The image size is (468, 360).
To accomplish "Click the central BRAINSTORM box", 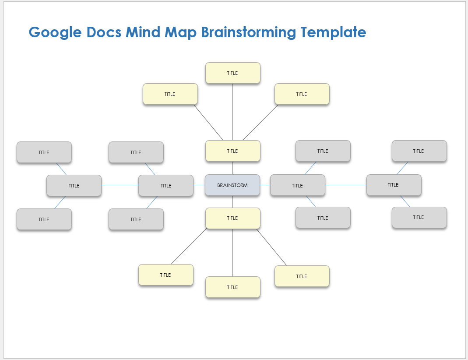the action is [232, 185].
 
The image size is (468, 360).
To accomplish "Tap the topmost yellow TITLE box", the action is [232, 73].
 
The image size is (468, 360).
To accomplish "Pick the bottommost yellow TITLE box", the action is [232, 287].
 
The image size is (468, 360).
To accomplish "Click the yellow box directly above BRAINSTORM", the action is [232, 151].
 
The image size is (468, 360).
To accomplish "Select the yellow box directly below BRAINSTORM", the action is [232, 218].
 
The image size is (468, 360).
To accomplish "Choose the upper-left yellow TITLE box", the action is [170, 94].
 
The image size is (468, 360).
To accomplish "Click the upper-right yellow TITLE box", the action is [302, 94].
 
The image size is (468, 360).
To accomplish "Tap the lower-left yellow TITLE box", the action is [165, 275].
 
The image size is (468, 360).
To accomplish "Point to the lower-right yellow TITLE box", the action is [302, 276].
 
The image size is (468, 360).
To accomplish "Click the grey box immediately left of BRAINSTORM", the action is [166, 186].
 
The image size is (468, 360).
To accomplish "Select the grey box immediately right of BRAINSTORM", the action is [297, 185].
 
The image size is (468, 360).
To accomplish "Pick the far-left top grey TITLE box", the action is [44, 152].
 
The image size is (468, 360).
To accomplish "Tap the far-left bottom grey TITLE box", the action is [44, 219].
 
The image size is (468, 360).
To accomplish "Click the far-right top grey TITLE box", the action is [419, 151].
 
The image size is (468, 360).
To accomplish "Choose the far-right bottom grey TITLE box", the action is [419, 218].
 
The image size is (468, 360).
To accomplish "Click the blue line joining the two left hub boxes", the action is [120, 185].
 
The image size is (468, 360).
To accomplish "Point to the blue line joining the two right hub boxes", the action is [346, 185].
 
